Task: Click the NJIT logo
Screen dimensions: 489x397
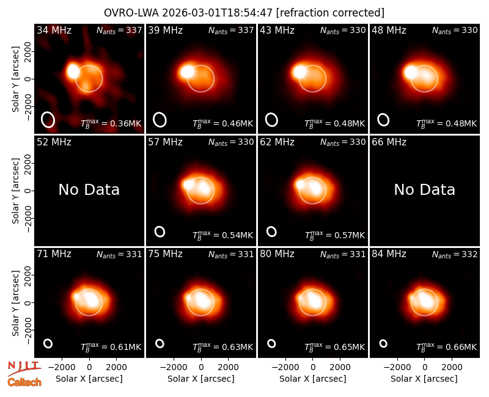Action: [x=24, y=368]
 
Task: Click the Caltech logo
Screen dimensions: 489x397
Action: [x=24, y=382]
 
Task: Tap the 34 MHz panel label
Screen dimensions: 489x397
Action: [x=54, y=30]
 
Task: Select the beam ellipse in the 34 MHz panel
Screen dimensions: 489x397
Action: [x=48, y=120]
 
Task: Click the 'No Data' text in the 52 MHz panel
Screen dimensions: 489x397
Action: [x=89, y=189]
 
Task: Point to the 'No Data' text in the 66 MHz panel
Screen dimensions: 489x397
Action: [x=424, y=189]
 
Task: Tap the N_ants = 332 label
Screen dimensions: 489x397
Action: [x=455, y=255]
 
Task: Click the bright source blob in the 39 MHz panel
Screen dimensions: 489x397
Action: [x=187, y=72]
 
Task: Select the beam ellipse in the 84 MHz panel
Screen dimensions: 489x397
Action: [x=383, y=343]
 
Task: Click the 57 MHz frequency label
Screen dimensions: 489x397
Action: [x=165, y=142]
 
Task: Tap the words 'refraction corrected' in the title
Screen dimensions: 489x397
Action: [x=331, y=13]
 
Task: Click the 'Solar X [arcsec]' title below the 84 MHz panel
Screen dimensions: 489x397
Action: [x=424, y=379]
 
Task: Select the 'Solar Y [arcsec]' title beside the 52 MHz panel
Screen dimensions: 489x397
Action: [x=16, y=191]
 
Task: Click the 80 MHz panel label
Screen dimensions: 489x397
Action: [x=277, y=254]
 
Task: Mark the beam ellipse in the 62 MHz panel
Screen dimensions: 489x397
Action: [x=271, y=231]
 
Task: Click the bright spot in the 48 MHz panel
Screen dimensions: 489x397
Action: [x=411, y=73]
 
